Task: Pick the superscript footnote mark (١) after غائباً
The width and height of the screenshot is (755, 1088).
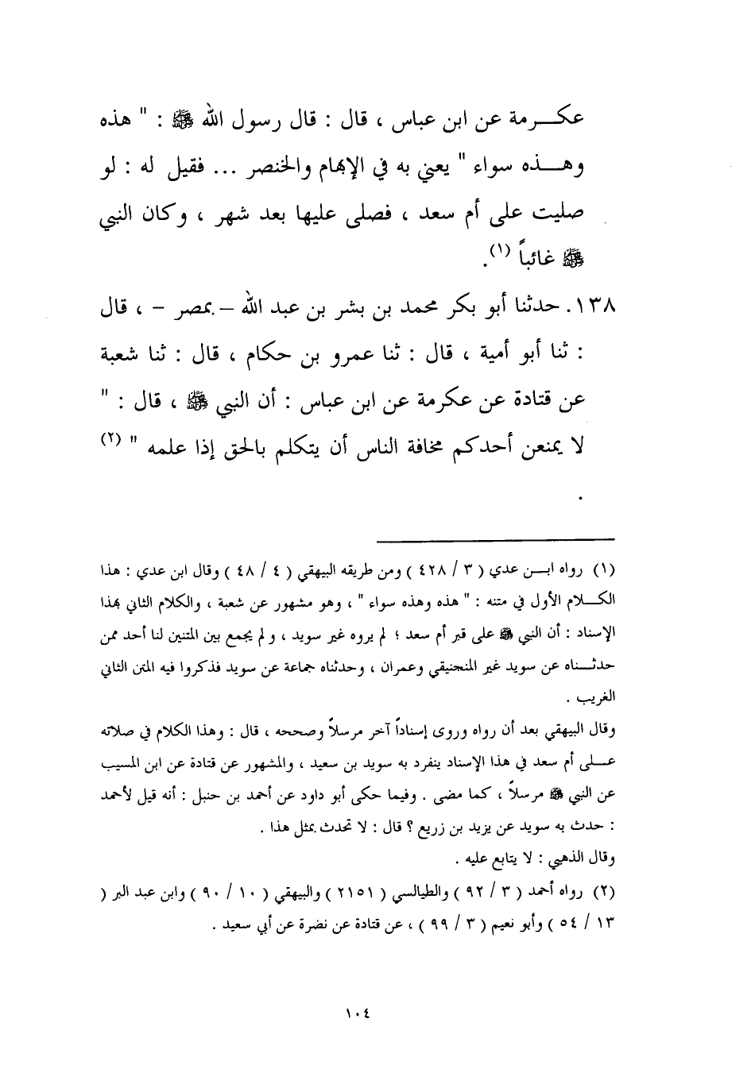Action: click(498, 251)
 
